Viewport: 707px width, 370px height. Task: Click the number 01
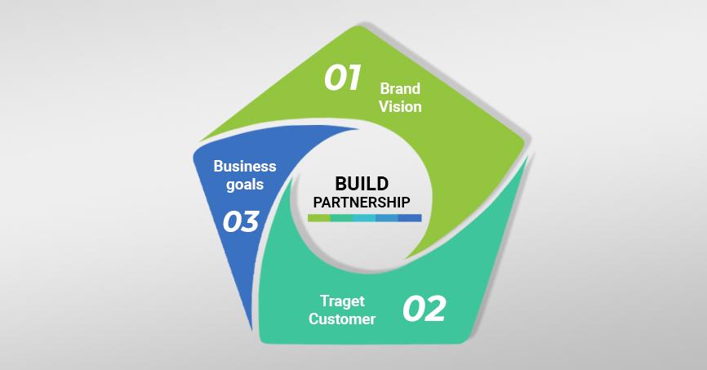tap(342, 78)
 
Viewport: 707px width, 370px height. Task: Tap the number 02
tap(425, 310)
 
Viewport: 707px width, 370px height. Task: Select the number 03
tap(241, 221)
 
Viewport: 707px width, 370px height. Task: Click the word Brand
tap(400, 88)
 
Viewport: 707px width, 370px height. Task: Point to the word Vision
tap(400, 106)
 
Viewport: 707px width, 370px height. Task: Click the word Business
tap(245, 167)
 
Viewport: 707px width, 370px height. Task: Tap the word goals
tap(245, 185)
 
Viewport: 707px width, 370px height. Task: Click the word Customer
tap(342, 319)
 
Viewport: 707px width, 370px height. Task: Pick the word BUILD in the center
tap(362, 183)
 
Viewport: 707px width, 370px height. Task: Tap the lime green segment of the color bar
tap(319, 218)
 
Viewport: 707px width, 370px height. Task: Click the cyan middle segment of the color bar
tap(365, 218)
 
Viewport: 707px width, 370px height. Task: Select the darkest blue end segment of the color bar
tap(410, 218)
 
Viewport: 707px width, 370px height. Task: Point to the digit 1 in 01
tap(352, 78)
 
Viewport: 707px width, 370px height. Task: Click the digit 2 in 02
tap(435, 310)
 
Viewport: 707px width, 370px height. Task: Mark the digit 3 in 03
tap(251, 221)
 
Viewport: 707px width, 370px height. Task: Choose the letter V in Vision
tap(384, 106)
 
